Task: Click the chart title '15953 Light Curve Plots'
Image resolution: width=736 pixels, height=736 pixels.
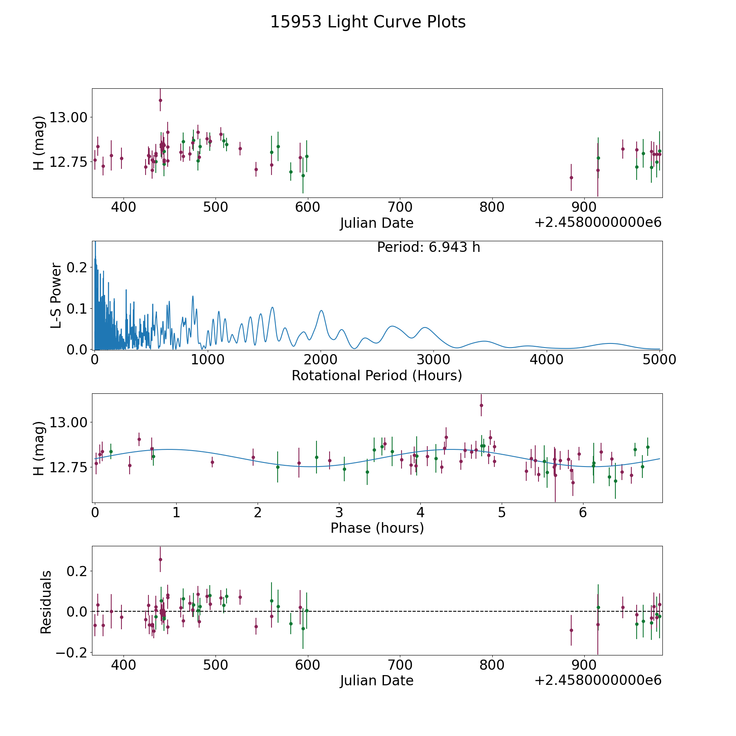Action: coord(368,22)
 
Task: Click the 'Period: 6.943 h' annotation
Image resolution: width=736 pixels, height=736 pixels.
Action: coord(428,247)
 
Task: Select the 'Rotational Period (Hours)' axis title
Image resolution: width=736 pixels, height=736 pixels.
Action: coord(377,375)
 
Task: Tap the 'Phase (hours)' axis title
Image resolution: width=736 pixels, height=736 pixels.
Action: coord(377,528)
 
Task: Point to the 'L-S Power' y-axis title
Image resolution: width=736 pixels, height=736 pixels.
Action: coord(56,296)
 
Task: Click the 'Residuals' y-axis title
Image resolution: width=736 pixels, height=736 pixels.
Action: coord(46,602)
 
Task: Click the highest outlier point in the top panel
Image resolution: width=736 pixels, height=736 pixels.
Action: coord(160,100)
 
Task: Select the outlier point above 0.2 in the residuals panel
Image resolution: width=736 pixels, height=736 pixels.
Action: coord(160,559)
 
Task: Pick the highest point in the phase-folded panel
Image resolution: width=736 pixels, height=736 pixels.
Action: coord(481,405)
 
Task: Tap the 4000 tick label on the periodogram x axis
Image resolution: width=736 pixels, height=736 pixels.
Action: coord(546,359)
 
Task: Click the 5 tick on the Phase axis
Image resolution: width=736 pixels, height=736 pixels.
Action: coord(501,512)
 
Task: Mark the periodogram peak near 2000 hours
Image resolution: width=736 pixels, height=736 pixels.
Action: coord(321,311)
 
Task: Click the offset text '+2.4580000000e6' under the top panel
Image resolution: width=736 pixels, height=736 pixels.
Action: coord(598,223)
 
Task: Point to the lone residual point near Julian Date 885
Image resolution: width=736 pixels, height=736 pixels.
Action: coord(571,630)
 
